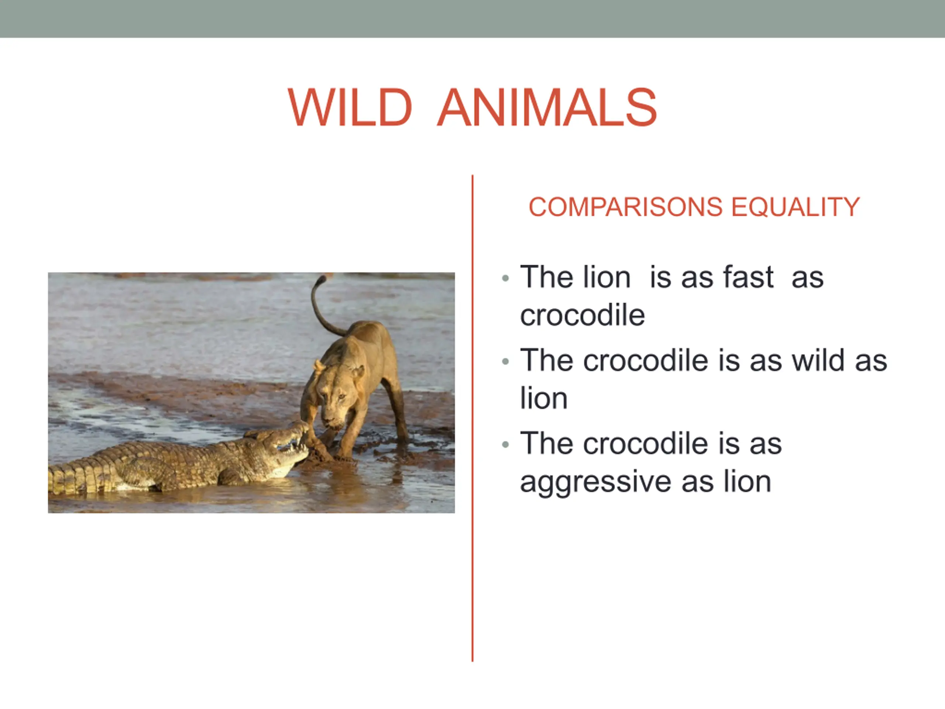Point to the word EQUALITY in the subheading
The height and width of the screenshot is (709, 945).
tap(795, 207)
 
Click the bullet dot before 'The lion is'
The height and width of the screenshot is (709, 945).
tap(506, 279)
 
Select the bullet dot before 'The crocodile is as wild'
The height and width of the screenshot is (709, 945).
tap(506, 362)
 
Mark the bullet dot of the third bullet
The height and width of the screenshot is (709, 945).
tap(506, 445)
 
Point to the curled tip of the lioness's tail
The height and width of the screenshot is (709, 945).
tap(320, 280)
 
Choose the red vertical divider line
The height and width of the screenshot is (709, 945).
tap(472, 418)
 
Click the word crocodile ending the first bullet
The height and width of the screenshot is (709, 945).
tap(582, 315)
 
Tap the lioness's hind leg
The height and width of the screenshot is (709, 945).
tap(395, 410)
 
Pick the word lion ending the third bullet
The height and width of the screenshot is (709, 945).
tap(748, 482)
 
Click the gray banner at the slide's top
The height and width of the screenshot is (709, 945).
tap(472, 19)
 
